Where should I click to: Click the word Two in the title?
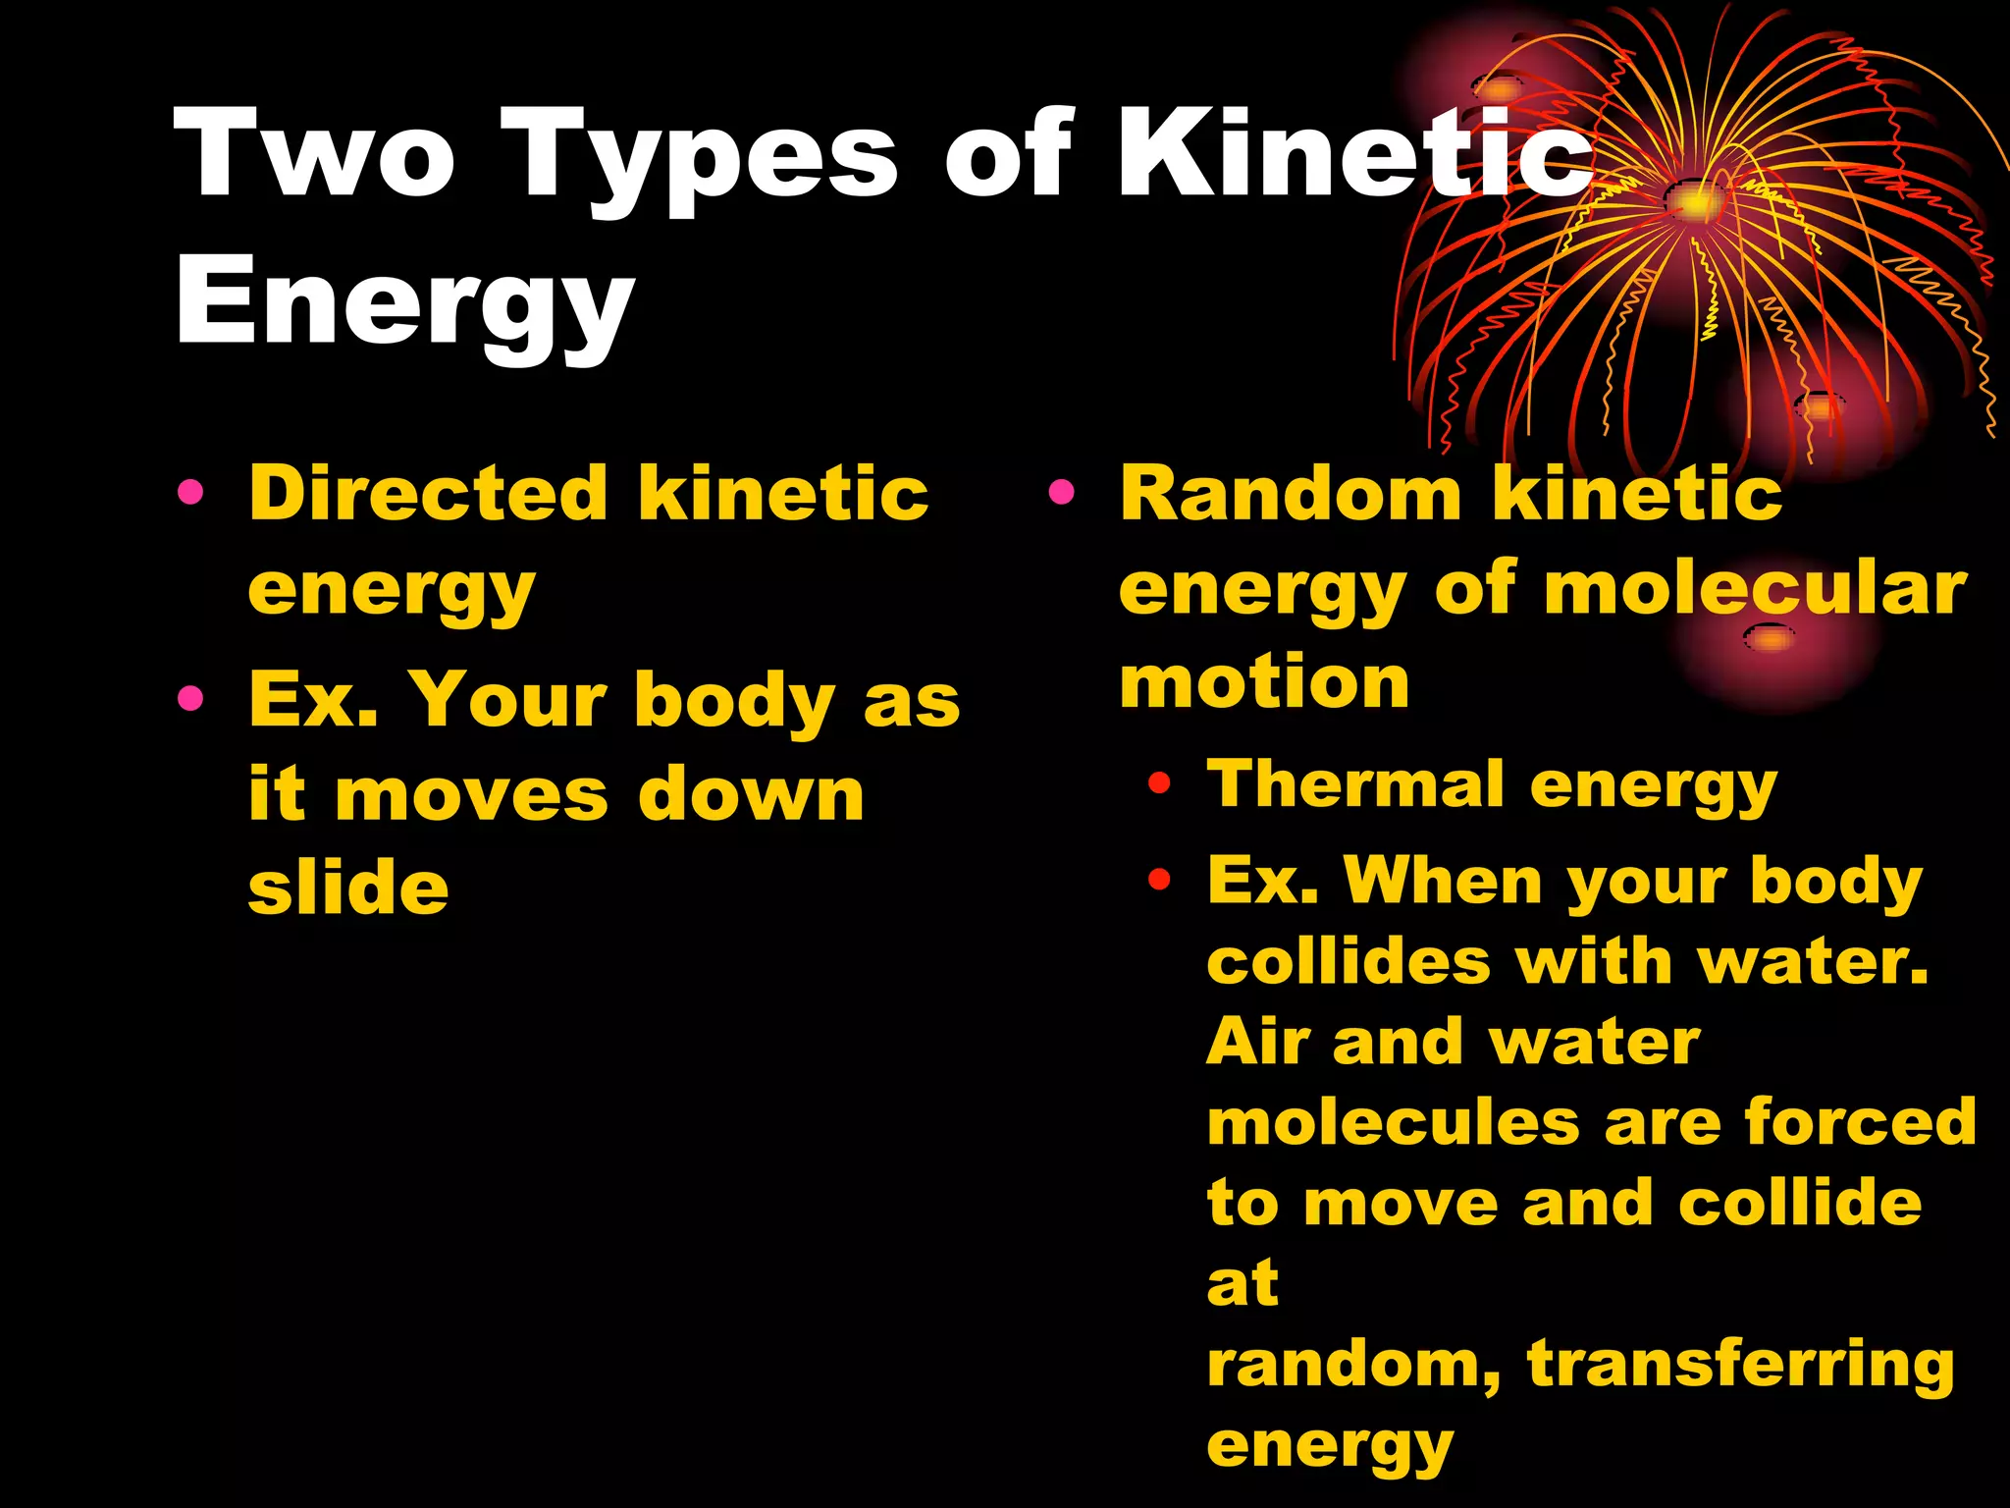click(x=314, y=155)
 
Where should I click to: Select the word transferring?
click(x=1741, y=1365)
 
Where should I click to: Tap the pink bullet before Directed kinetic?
click(x=190, y=491)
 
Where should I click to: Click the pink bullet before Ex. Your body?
click(x=190, y=698)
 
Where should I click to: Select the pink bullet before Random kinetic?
click(x=1060, y=491)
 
